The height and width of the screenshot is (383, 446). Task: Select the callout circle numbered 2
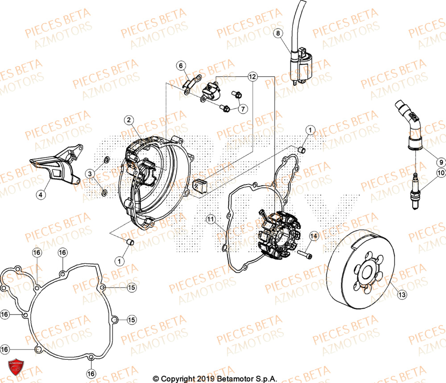pyautogui.click(x=128, y=120)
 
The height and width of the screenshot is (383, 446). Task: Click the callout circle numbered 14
pyautogui.click(x=182, y=66)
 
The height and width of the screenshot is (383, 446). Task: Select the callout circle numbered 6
pyautogui.click(x=182, y=66)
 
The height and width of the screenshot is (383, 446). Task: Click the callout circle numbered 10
pyautogui.click(x=440, y=173)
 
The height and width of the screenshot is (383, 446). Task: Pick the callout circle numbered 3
pyautogui.click(x=91, y=173)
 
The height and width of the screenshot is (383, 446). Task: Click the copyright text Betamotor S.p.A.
pyautogui.click(x=215, y=379)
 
